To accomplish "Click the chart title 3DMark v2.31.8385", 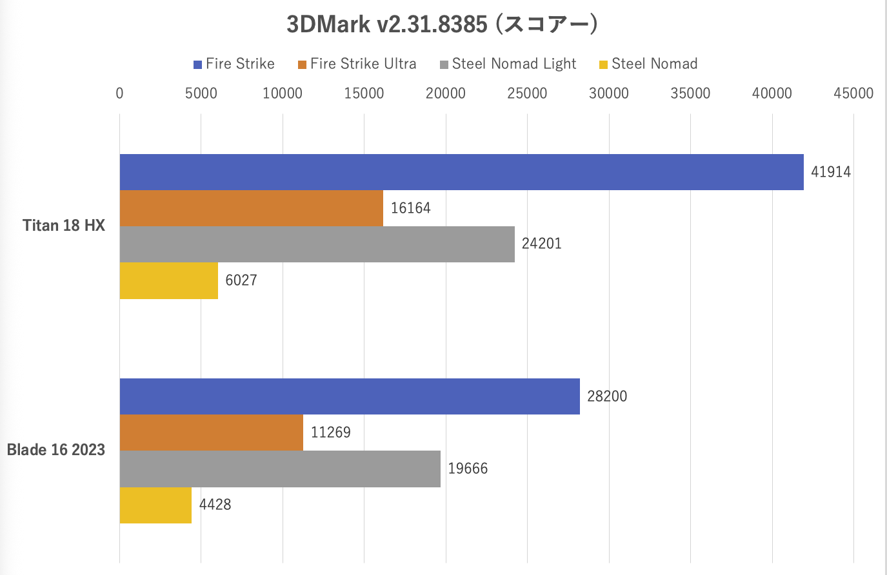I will click(x=443, y=24).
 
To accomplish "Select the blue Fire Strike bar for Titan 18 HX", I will click(x=461, y=172).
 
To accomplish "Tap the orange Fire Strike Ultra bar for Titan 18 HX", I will click(x=251, y=208).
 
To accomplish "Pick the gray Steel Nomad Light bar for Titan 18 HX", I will click(x=317, y=244).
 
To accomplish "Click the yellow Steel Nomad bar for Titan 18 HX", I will click(x=168, y=280).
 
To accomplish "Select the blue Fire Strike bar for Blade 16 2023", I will click(x=350, y=396).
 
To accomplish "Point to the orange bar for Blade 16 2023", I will click(x=211, y=433).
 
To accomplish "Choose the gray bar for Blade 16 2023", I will click(x=280, y=469).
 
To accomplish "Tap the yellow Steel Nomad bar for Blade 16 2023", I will click(x=155, y=505).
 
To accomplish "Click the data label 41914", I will click(x=830, y=172).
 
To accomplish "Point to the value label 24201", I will click(x=541, y=244).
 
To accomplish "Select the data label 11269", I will click(x=330, y=433).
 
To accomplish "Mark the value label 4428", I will click(x=215, y=505).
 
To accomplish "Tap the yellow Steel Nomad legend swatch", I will click(x=604, y=64).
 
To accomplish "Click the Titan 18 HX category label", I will click(x=64, y=226).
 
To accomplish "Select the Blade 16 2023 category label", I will click(x=56, y=450).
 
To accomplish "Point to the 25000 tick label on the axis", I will click(x=527, y=93).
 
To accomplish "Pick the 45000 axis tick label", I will click(x=853, y=93).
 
